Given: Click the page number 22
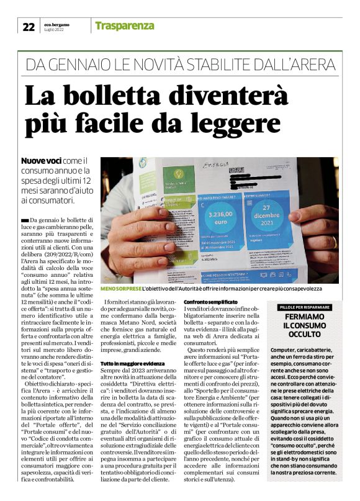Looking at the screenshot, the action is pyautogui.click(x=29, y=26).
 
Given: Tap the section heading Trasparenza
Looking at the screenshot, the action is pyautogui.click(x=124, y=25).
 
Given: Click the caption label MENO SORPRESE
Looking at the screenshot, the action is pyautogui.click(x=121, y=289).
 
